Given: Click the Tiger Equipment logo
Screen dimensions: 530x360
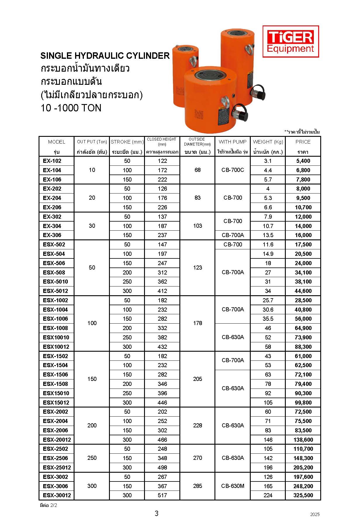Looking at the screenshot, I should click(x=290, y=42).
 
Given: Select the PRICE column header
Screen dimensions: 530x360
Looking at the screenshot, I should click(x=303, y=142).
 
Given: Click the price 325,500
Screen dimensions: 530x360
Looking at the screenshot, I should click(x=303, y=495).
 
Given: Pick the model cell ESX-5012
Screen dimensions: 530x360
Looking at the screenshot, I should click(x=55, y=291).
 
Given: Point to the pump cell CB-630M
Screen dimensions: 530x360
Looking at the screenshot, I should click(x=233, y=486).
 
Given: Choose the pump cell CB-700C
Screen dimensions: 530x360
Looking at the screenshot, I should click(x=233, y=170).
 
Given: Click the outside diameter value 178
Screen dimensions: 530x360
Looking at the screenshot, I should click(x=198, y=323).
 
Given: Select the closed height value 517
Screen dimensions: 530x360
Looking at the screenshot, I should click(x=162, y=495).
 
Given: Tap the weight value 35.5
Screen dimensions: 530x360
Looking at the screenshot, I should click(x=268, y=319).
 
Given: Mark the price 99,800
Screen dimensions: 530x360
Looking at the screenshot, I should click(x=303, y=403).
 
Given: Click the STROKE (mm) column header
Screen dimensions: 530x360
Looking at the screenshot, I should click(x=127, y=142).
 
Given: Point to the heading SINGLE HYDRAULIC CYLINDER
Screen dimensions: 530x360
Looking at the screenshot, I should click(x=105, y=56).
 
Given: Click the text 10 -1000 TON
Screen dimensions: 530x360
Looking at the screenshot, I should click(x=71, y=108).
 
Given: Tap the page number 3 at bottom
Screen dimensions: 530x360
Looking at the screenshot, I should click(x=157, y=513).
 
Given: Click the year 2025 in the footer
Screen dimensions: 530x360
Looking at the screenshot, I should click(x=315, y=515).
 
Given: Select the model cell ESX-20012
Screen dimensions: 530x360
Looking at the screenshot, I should click(x=57, y=440).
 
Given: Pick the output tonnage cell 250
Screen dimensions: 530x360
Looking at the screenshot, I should click(x=92, y=458).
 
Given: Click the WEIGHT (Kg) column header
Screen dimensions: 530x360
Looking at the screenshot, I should click(x=268, y=142).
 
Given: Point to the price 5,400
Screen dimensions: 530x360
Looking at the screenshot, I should click(x=303, y=161).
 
